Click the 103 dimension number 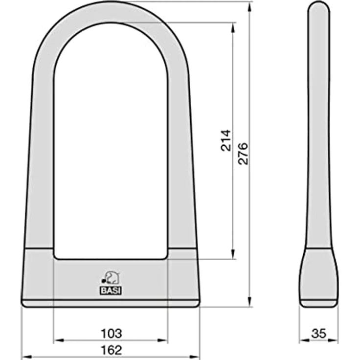pos(111,334)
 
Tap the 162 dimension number pos(111,350)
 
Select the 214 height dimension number pos(225,140)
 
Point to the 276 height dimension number pos(243,154)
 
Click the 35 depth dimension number pos(319,334)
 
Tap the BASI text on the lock pos(111,291)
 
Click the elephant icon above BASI pos(111,277)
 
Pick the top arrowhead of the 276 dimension pos(250,6)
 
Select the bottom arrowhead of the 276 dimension pos(250,302)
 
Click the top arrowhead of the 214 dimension pos(233,27)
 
